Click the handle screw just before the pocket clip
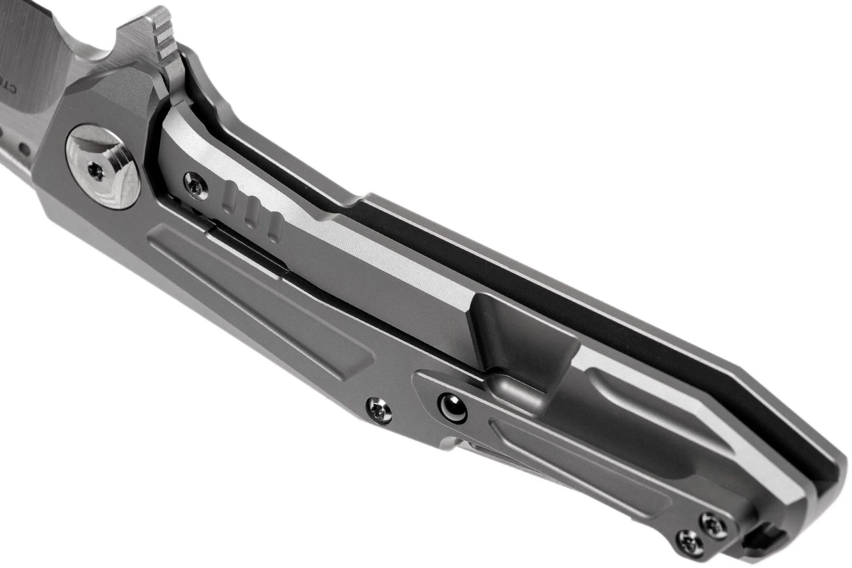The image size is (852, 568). point(378,406)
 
